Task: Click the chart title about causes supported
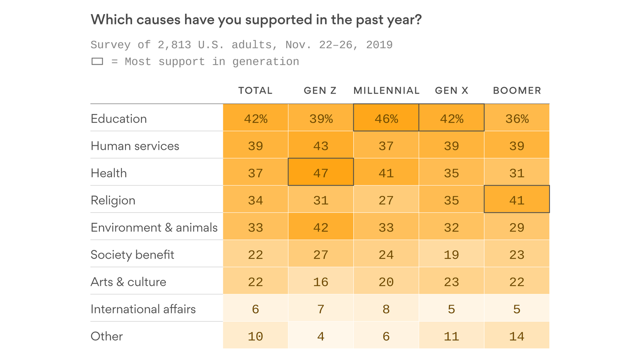256,20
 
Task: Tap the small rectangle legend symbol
97,61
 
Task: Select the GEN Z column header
320,90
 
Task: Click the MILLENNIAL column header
386,90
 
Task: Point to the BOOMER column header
517,90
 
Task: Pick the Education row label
119,119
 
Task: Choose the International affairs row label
143,309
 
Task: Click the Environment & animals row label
154,227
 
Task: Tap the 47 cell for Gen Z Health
320,173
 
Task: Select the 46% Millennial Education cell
386,119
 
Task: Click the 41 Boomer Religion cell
517,200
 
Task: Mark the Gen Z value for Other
320,336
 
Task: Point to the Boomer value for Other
517,336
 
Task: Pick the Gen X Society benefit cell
451,255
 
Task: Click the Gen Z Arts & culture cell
320,282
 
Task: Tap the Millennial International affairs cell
386,309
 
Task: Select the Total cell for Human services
255,146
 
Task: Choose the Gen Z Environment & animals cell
320,227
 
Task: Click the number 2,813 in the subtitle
174,45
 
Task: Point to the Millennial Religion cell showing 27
386,200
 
